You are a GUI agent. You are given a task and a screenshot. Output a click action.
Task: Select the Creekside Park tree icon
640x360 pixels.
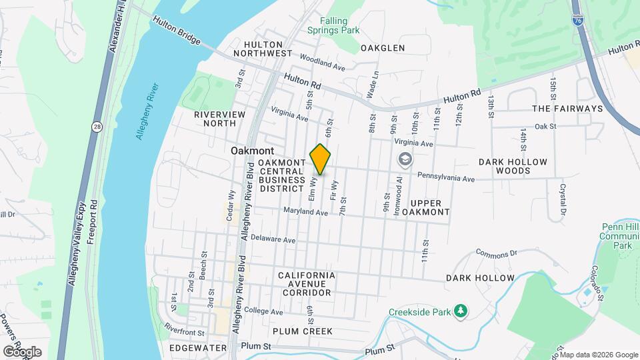coord(459,311)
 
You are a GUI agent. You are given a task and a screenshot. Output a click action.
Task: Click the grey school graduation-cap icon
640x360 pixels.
coord(404,160)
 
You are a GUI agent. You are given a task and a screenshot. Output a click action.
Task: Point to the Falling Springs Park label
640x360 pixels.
coord(334,25)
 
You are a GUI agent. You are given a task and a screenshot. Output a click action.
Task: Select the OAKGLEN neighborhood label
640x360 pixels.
coord(383,48)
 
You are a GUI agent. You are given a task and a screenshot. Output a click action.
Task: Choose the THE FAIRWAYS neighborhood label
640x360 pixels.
coord(567,108)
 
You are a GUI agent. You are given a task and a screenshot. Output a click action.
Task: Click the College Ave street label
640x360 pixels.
coord(265,311)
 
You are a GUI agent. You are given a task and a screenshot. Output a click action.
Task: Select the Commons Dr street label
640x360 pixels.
coord(496,253)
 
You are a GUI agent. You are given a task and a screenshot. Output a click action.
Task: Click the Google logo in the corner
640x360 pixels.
coord(22,351)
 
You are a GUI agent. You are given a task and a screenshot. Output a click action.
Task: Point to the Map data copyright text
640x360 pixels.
coord(598,355)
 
